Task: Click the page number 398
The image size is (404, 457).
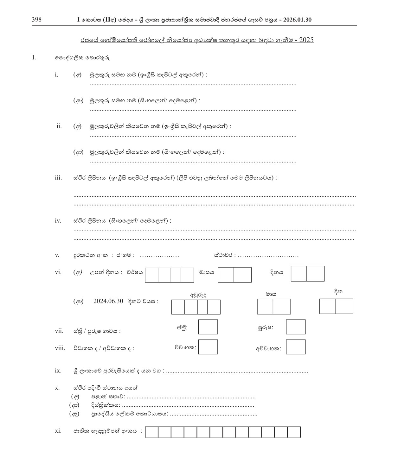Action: click(x=36, y=20)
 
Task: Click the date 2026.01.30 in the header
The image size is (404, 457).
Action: click(x=298, y=20)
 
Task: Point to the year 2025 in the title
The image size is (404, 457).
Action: click(x=306, y=40)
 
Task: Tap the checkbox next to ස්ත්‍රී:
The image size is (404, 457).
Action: click(x=208, y=327)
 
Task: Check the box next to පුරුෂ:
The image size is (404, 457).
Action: click(x=296, y=327)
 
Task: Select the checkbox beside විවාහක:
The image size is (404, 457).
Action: click(x=208, y=347)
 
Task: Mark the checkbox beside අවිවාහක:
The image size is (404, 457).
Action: click(x=296, y=347)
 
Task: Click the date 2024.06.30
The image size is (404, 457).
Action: click(x=108, y=301)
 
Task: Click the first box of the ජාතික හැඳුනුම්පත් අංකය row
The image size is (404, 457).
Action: click(x=151, y=432)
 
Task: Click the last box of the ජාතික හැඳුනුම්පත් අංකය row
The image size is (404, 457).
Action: click(x=294, y=432)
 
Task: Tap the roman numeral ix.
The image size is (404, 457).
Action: click(x=58, y=370)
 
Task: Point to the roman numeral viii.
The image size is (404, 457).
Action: click(x=60, y=348)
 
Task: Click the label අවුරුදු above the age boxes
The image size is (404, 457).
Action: click(x=198, y=295)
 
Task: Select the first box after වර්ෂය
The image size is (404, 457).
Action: click(x=151, y=275)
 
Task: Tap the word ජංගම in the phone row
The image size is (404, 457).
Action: click(x=125, y=255)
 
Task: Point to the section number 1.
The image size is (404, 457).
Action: click(x=34, y=58)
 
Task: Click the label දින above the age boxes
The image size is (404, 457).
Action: click(x=338, y=292)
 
